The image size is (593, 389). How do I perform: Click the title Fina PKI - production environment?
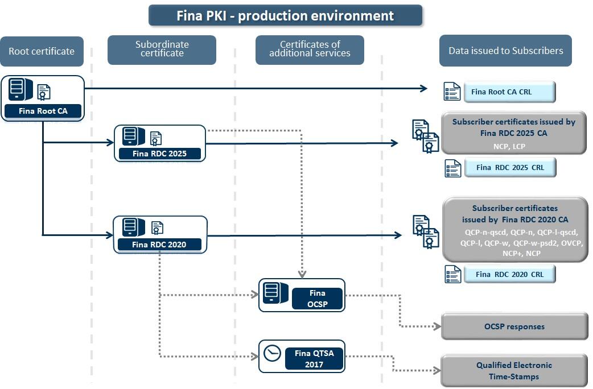tap(285, 15)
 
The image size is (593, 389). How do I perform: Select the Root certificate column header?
tap(42, 51)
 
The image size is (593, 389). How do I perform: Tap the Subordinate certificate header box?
tap(162, 49)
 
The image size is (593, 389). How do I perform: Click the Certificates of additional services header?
tap(310, 49)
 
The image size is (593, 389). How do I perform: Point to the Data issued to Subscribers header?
tap(505, 51)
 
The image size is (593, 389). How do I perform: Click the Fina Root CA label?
tap(43, 111)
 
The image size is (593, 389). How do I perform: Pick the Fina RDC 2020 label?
tap(159, 245)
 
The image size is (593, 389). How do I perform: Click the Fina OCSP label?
tap(317, 299)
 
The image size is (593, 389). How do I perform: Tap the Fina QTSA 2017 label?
tap(314, 358)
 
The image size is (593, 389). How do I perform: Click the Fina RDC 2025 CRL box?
tap(509, 168)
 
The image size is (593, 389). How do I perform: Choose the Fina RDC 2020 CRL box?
tap(509, 274)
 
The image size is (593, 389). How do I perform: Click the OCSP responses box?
tap(514, 326)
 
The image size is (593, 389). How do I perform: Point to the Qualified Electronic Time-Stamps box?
tap(514, 371)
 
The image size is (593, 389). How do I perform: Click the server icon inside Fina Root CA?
tap(20, 90)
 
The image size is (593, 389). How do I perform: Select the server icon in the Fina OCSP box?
tap(275, 293)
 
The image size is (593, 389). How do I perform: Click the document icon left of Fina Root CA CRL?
tap(452, 92)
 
